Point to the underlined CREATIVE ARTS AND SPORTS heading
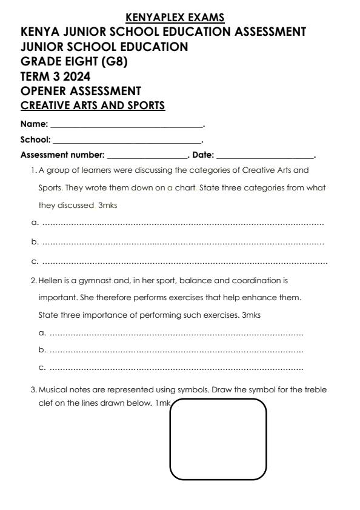[x=92, y=106]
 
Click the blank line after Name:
[x=126, y=126]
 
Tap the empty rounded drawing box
[x=218, y=439]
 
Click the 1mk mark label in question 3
[x=163, y=404]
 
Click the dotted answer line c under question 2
[x=176, y=368]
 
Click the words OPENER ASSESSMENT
[x=81, y=91]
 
